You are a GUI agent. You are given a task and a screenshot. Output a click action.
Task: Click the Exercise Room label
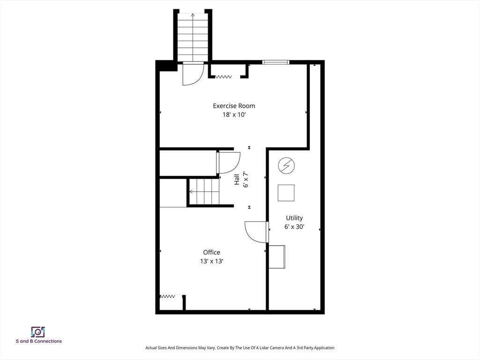[x=234, y=106]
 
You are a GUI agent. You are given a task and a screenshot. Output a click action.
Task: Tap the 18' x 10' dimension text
[x=234, y=115]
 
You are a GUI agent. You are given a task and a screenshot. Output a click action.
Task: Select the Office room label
[x=211, y=252]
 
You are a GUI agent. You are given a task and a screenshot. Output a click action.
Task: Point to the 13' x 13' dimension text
[x=211, y=261]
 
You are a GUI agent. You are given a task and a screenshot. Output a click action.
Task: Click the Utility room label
[x=294, y=218]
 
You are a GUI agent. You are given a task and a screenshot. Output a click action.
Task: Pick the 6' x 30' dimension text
[x=294, y=227]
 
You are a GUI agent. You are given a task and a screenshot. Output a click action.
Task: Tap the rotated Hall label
[x=237, y=180]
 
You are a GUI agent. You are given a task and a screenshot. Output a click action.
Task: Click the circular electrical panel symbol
[x=286, y=165]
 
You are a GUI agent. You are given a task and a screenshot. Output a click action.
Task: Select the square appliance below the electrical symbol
[x=286, y=193]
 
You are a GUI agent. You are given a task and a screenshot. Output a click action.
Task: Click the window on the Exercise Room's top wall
[x=276, y=62]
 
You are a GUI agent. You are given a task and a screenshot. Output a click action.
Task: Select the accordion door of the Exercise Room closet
[x=224, y=77]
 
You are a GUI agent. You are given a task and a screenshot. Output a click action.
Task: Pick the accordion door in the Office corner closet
[x=167, y=296]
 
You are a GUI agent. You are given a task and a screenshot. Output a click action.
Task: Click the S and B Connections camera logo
[x=38, y=332]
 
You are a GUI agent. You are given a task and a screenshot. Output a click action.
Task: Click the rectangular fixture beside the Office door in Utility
[x=277, y=257]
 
